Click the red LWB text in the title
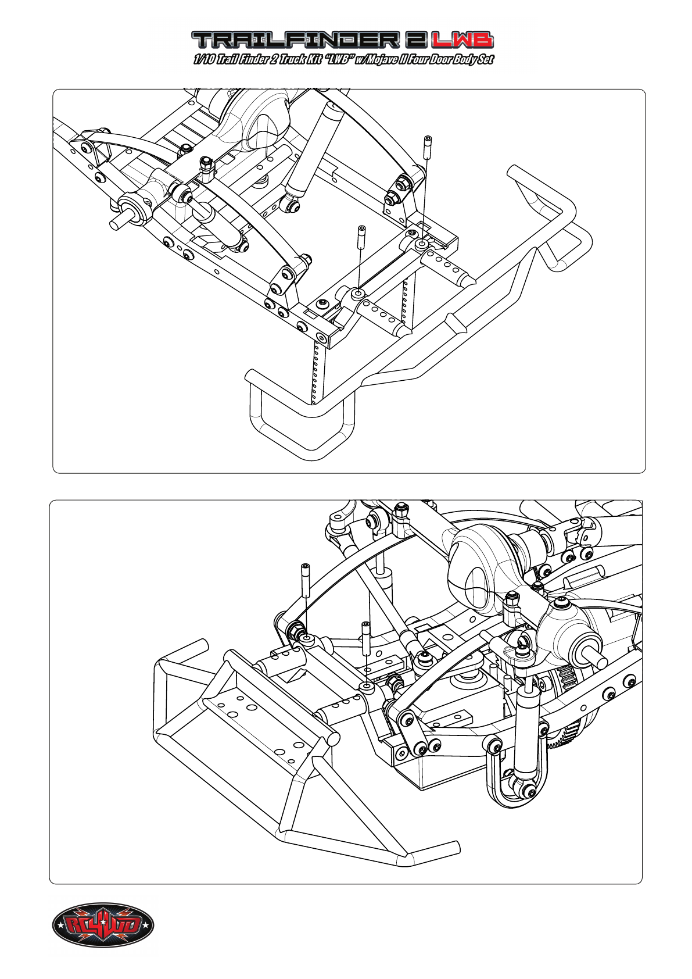pyautogui.click(x=462, y=40)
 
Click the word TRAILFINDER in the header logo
pyautogui.click(x=295, y=40)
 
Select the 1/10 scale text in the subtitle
pyautogui.click(x=204, y=59)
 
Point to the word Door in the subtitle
pyautogui.click(x=440, y=59)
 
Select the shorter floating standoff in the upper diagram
pyautogui.click(x=362, y=237)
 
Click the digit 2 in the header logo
pyautogui.click(x=415, y=40)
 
